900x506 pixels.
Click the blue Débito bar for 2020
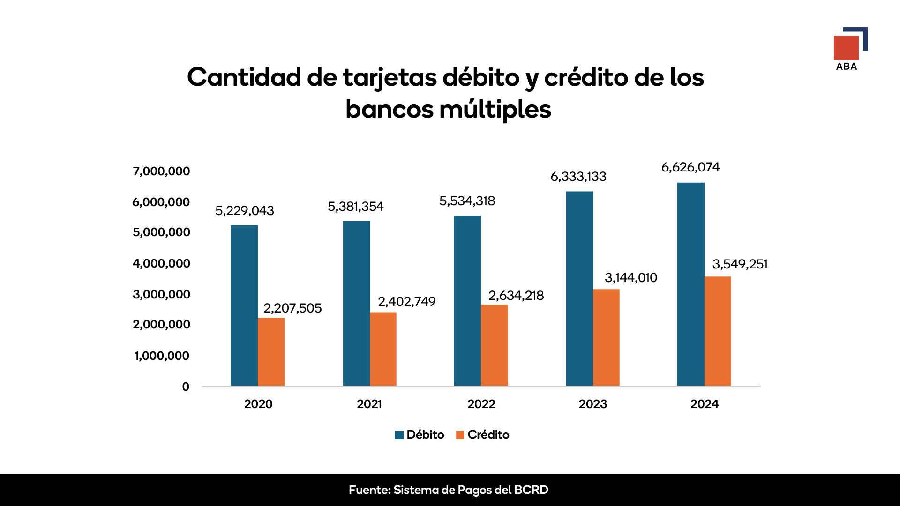(x=244, y=305)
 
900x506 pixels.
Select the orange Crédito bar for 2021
(x=383, y=349)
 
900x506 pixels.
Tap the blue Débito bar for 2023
(x=579, y=289)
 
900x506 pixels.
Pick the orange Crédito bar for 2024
(x=718, y=331)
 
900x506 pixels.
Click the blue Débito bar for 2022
(x=467, y=301)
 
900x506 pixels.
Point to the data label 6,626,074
(x=690, y=167)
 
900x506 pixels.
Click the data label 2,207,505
(x=292, y=308)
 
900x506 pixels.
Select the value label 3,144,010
(x=631, y=278)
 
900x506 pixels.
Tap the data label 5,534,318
(x=467, y=201)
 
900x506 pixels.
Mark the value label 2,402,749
(x=407, y=302)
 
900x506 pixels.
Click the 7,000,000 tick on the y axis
(x=161, y=171)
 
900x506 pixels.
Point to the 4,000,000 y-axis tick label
(x=161, y=264)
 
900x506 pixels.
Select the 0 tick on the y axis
(x=186, y=387)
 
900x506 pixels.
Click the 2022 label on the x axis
(x=481, y=404)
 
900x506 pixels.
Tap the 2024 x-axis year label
(x=704, y=404)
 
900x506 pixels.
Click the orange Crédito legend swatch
(x=460, y=435)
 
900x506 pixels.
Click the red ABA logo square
(x=846, y=48)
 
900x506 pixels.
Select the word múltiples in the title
(x=495, y=110)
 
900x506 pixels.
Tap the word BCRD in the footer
(x=531, y=490)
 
